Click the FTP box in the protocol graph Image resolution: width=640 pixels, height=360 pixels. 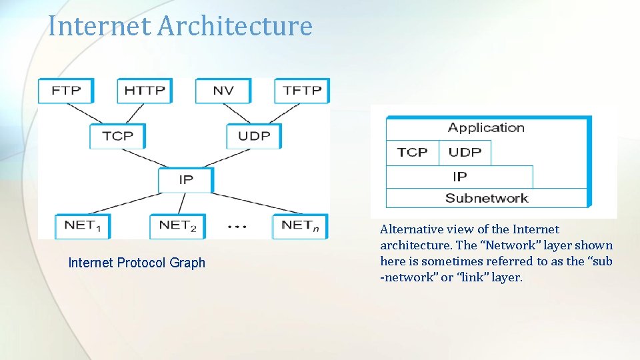[65, 91]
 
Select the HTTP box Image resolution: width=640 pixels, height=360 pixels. [145, 91]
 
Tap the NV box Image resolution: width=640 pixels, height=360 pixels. [223, 91]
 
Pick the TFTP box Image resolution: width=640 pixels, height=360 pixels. [301, 91]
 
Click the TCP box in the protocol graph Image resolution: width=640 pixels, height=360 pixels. [118, 136]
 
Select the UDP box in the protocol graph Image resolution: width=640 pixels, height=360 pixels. [254, 136]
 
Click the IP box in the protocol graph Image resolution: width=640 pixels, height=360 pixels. [186, 180]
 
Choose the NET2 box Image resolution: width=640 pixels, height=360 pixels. [177, 226]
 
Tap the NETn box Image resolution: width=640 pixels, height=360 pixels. [300, 226]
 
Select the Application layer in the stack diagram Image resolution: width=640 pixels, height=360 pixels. [486, 128]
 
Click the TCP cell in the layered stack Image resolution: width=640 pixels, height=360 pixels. [412, 153]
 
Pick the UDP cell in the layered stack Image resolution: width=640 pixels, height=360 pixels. [465, 153]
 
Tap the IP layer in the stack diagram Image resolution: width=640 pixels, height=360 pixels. [459, 177]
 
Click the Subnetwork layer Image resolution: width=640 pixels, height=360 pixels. [486, 198]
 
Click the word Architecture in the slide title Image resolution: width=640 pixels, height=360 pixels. [235, 26]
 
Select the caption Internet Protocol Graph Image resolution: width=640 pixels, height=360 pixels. [137, 263]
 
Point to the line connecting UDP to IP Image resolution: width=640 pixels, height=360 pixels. [229, 158]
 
